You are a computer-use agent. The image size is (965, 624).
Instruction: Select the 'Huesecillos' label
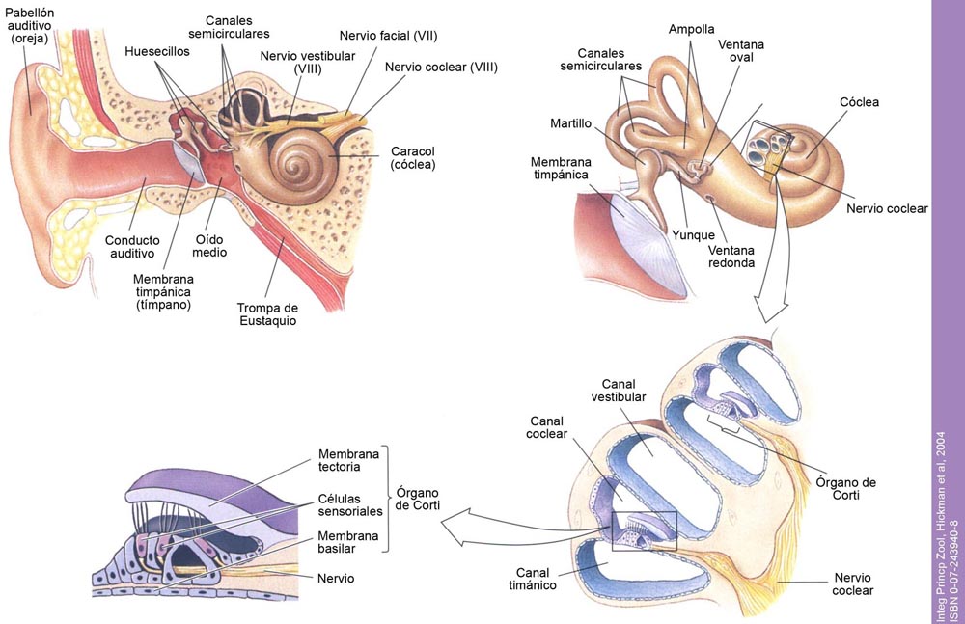(x=157, y=50)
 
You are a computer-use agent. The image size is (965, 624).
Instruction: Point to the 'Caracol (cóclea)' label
(x=413, y=158)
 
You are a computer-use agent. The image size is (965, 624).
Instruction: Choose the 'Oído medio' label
(x=211, y=245)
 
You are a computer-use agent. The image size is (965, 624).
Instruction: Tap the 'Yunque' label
(x=695, y=235)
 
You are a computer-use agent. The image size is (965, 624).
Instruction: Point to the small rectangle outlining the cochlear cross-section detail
(x=645, y=531)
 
